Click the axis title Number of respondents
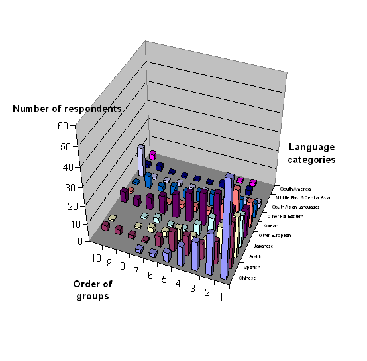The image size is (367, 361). (x=67, y=109)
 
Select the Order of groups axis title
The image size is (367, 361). (x=93, y=290)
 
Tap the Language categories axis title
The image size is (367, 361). (x=311, y=153)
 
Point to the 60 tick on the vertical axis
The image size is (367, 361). (x=63, y=126)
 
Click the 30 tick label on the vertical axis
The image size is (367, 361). (x=70, y=188)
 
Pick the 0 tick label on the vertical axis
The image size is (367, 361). (x=80, y=242)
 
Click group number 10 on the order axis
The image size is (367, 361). (x=96, y=258)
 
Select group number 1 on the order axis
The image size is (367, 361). (x=221, y=297)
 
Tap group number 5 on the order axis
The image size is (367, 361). (x=164, y=280)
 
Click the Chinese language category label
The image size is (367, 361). (x=247, y=278)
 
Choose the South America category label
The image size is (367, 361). (x=295, y=189)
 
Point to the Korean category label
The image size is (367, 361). (x=271, y=225)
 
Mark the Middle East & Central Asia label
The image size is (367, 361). (x=303, y=197)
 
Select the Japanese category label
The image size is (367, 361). (x=263, y=246)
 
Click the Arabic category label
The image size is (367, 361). (x=256, y=256)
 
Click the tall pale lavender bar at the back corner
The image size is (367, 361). (x=141, y=160)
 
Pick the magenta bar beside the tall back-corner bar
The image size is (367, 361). (x=152, y=155)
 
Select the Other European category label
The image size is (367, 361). (x=275, y=235)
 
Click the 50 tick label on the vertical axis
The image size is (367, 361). (x=66, y=147)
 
